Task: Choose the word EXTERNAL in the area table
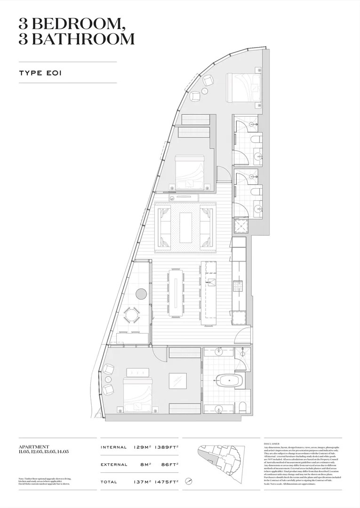(x=114, y=464)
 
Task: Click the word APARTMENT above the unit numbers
(x=33, y=446)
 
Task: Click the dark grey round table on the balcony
(x=141, y=294)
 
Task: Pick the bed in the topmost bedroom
(x=243, y=87)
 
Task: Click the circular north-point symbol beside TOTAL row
(x=189, y=482)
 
